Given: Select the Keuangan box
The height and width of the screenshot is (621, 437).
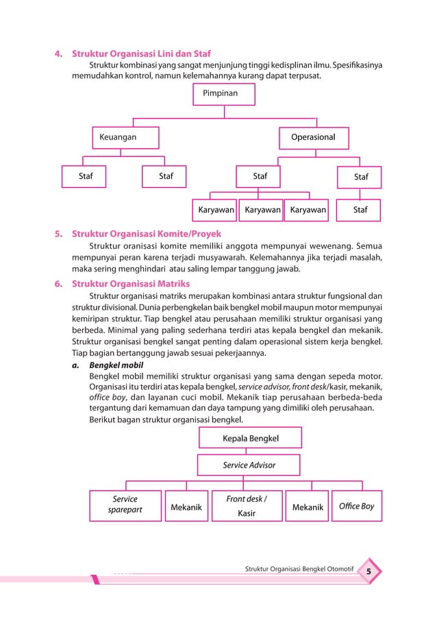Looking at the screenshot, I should tap(125, 137).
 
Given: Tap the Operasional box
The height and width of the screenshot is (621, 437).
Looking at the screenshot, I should tap(313, 137).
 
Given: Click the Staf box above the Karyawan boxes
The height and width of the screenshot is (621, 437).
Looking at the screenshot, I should tap(260, 177).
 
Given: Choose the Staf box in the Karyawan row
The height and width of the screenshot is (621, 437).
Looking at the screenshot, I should tap(360, 210).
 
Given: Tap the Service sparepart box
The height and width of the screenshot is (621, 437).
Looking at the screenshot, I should tap(125, 505).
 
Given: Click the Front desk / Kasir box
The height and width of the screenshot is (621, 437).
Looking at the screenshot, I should tap(246, 506).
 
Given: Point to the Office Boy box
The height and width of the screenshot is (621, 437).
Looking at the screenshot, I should tap(357, 506).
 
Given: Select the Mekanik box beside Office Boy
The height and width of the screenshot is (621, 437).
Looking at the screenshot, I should tap(308, 507).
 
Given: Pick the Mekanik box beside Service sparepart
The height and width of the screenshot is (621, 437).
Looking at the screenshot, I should tap(186, 507).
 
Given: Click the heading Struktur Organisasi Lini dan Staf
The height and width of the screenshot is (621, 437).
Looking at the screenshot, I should tap(142, 53).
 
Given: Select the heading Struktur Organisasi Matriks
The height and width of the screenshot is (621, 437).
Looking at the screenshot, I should tap(131, 284).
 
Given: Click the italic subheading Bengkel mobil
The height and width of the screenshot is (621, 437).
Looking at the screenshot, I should tap(116, 365).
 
